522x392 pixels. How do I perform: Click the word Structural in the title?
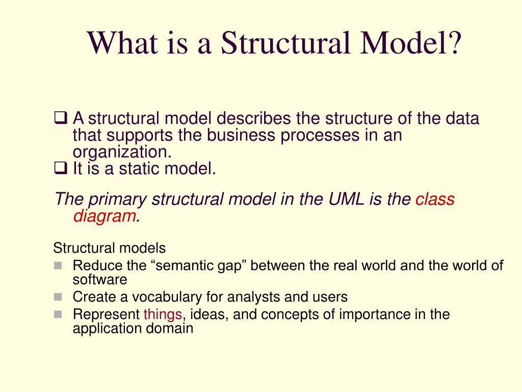pyautogui.click(x=286, y=43)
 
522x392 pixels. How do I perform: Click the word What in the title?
pyautogui.click(x=122, y=43)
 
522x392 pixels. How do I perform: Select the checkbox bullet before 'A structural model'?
pyautogui.click(x=61, y=118)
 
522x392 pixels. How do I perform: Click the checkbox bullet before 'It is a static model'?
pyautogui.click(x=61, y=168)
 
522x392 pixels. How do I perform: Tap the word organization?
pyautogui.click(x=122, y=153)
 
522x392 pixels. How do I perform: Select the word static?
pyautogui.click(x=139, y=168)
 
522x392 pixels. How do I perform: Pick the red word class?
pyautogui.click(x=435, y=199)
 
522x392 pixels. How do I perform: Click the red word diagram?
pyautogui.click(x=105, y=216)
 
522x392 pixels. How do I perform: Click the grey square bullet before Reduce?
pyautogui.click(x=58, y=265)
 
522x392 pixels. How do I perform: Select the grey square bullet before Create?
pyautogui.click(x=58, y=297)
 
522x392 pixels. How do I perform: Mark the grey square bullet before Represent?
pyautogui.click(x=58, y=314)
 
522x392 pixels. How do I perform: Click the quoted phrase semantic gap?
pyautogui.click(x=198, y=266)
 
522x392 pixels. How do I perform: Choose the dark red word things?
pyautogui.click(x=163, y=314)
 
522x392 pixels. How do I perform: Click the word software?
pyautogui.click(x=100, y=280)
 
